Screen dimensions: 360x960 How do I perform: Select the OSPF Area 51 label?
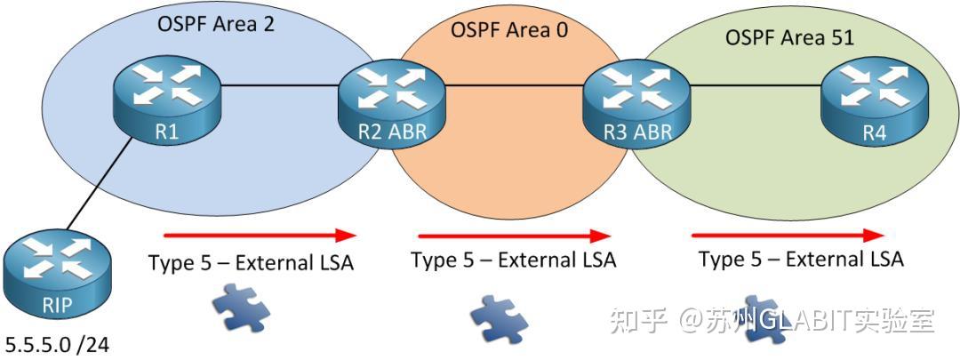[789, 38]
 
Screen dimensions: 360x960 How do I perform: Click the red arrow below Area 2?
[260, 236]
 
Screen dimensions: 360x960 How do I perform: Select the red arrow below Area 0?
[515, 236]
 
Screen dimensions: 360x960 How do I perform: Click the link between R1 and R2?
[278, 86]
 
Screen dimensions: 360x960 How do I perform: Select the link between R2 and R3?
[513, 86]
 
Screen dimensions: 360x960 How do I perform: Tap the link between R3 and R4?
[752, 86]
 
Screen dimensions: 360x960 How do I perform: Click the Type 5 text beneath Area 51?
[801, 260]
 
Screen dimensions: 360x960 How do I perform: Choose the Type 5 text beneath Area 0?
[513, 260]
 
